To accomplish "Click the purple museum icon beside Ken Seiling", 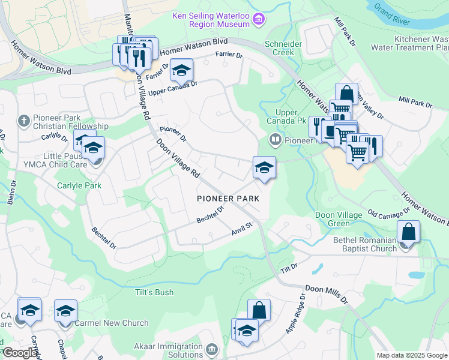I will pos(259,19).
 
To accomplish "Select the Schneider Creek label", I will pos(280,48).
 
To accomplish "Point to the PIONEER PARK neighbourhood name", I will pos(228,198).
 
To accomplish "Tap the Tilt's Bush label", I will pos(146,292).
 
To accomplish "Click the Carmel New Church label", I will pos(112,323).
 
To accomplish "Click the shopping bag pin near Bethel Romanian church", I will pos(408,232).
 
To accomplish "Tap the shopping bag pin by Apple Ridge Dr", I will pos(259,311).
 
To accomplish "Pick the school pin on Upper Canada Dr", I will pos(181,71).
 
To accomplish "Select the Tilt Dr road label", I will pos(290,266).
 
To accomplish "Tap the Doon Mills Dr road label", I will pos(327,293).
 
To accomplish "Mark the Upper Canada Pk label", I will pos(286,116).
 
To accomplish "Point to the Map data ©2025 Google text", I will pos(411,355).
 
